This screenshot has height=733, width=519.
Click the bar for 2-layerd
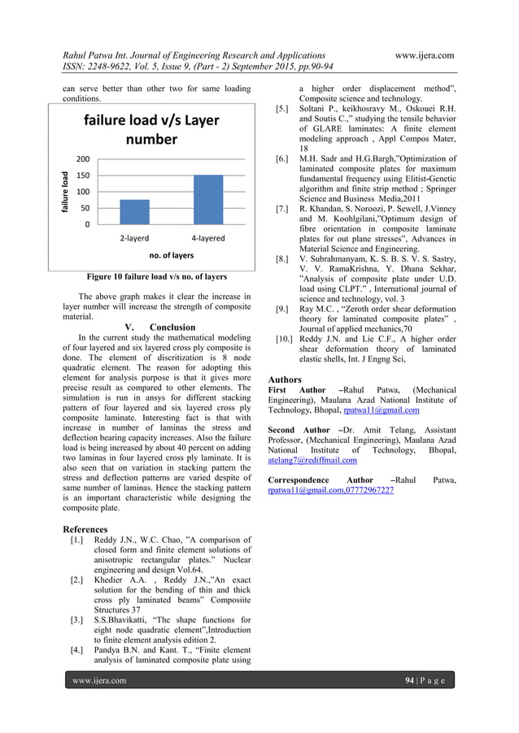point(134,211)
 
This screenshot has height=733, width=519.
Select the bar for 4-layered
point(208,199)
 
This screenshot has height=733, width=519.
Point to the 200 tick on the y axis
point(83,159)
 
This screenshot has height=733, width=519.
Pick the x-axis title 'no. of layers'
point(171,255)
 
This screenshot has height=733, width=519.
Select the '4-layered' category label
point(208,239)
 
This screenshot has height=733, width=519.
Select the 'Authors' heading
point(285,380)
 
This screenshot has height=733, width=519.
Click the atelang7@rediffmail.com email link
point(312,459)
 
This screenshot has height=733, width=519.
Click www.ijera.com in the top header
point(424,54)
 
